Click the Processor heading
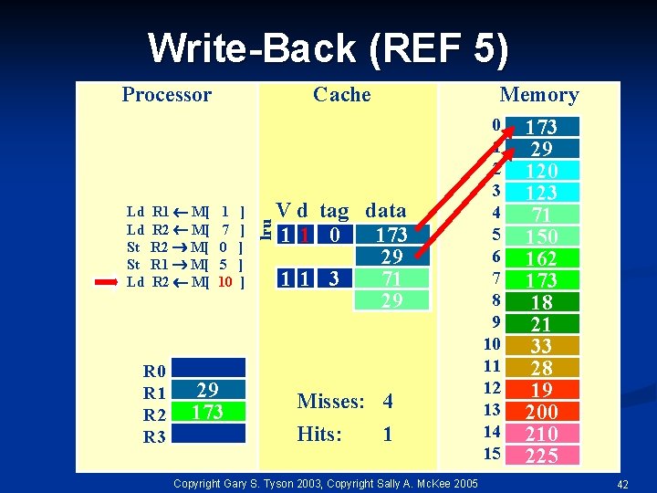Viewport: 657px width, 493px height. [x=166, y=95]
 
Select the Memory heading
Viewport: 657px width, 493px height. [x=538, y=95]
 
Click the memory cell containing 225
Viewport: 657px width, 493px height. [x=541, y=456]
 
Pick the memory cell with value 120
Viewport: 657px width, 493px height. [x=541, y=171]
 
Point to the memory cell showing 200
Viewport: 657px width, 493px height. [x=541, y=412]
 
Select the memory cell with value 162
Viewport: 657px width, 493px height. [x=541, y=258]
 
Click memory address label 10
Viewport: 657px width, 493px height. [x=492, y=344]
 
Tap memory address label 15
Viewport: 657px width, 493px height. [x=492, y=454]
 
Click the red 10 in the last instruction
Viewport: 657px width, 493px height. [x=225, y=282]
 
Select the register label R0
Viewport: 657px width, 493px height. [x=154, y=371]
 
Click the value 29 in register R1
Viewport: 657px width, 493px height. [x=207, y=391]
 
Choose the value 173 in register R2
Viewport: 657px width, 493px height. [x=207, y=413]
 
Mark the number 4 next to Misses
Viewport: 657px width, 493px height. [x=388, y=402]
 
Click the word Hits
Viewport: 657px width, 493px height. [x=319, y=435]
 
